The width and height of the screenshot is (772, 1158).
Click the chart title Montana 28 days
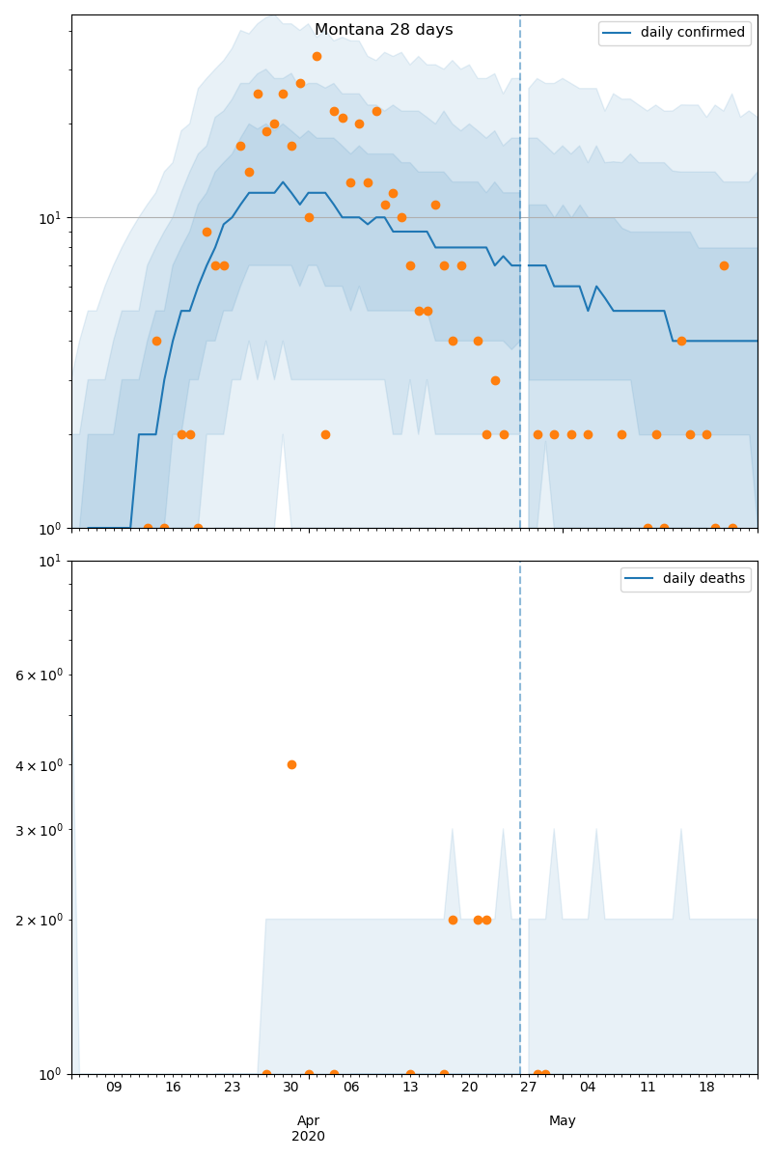(x=383, y=30)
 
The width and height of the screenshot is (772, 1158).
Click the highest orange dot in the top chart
(x=317, y=56)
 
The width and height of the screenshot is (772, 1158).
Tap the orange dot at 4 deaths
(x=291, y=764)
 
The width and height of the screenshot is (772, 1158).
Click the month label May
(x=563, y=1120)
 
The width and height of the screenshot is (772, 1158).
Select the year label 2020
(x=308, y=1136)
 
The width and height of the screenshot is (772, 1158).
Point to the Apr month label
(x=308, y=1120)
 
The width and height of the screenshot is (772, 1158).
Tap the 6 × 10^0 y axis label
(x=39, y=675)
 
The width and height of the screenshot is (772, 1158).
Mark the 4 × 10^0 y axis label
(x=39, y=765)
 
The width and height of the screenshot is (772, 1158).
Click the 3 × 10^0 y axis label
(x=39, y=830)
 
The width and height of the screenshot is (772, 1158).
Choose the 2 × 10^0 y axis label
(x=39, y=921)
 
